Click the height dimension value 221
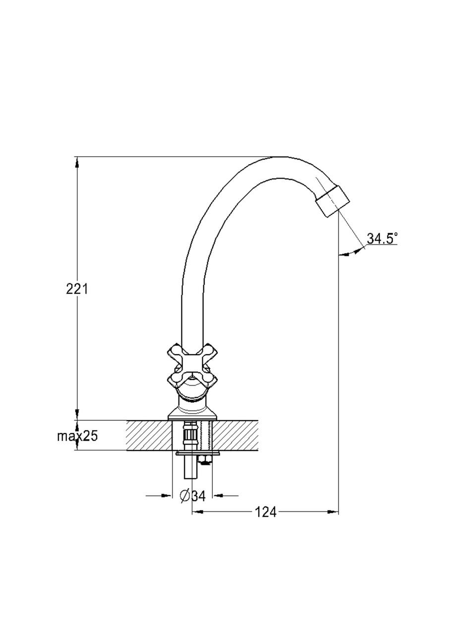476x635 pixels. (x=76, y=289)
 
